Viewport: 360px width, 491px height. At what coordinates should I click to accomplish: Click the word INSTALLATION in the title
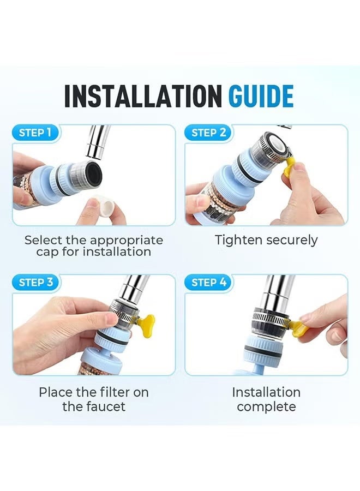pos(142,96)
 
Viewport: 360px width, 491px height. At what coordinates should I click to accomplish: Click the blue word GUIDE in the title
pos(261,96)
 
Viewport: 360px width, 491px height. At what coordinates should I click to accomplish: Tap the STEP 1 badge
pos(35,133)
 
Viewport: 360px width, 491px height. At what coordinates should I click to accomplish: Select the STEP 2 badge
pos(208,133)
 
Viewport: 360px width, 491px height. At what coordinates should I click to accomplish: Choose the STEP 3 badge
pos(36,282)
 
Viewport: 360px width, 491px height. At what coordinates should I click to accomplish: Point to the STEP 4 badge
pos(209,282)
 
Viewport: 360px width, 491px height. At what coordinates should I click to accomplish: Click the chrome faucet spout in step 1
pos(96,141)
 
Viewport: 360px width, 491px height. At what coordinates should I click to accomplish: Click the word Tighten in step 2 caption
pos(238,240)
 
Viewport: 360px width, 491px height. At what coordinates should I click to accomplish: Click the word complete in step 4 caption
pos(266,408)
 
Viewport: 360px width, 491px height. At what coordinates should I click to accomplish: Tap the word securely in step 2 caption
pos(291,241)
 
